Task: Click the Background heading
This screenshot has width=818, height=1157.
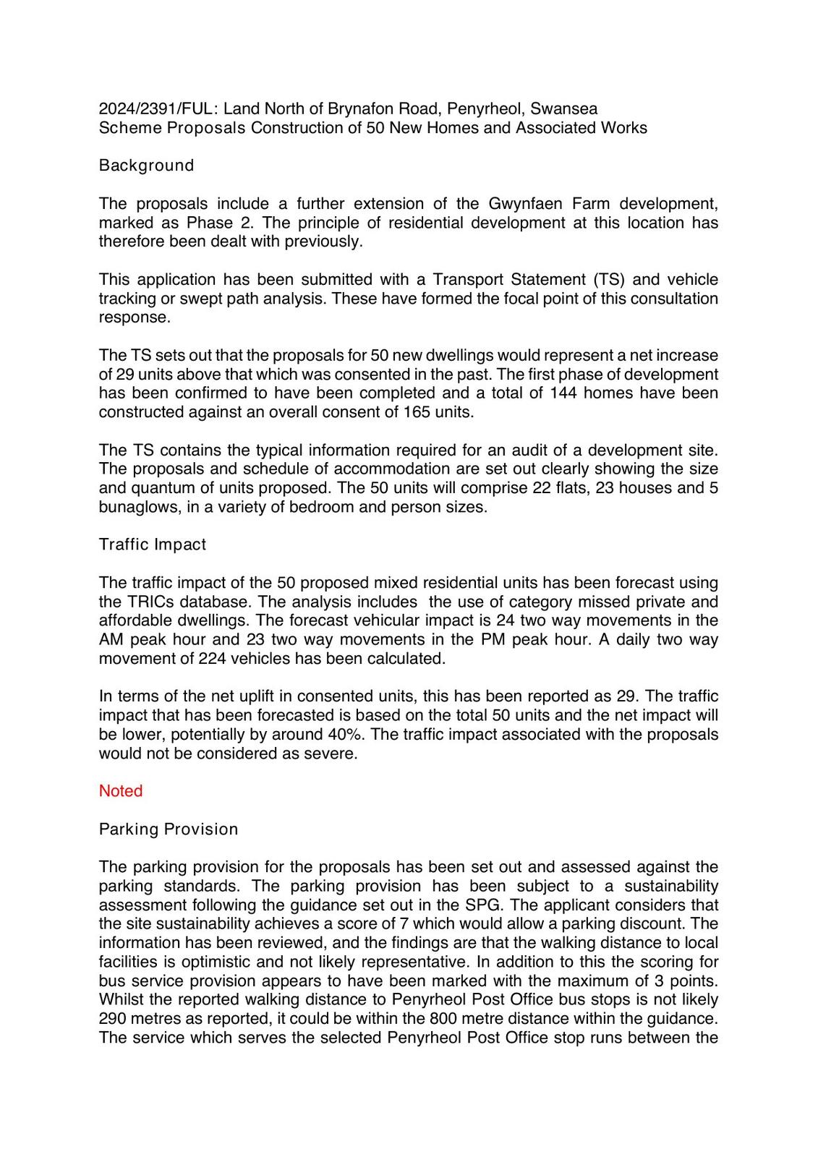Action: (x=147, y=166)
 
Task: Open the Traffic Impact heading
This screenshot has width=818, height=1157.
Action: (x=153, y=545)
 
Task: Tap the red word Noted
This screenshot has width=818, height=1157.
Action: (x=121, y=791)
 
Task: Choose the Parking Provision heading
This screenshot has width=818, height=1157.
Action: (x=169, y=829)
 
